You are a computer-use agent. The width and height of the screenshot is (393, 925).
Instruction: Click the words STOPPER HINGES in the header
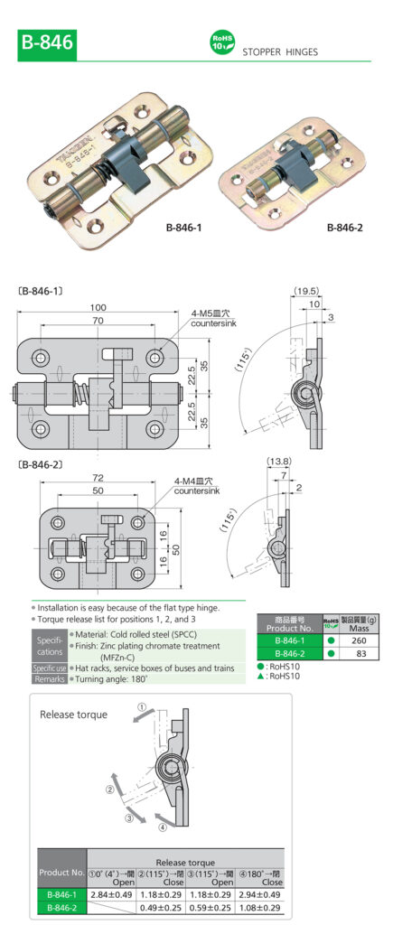(279, 52)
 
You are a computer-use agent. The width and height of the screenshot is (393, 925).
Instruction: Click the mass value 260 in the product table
(362, 640)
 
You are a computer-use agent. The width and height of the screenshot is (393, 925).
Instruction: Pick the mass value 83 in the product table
(362, 653)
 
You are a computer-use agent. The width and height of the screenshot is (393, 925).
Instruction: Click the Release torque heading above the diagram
(74, 715)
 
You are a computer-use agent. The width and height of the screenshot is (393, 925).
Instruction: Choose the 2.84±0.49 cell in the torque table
(112, 894)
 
